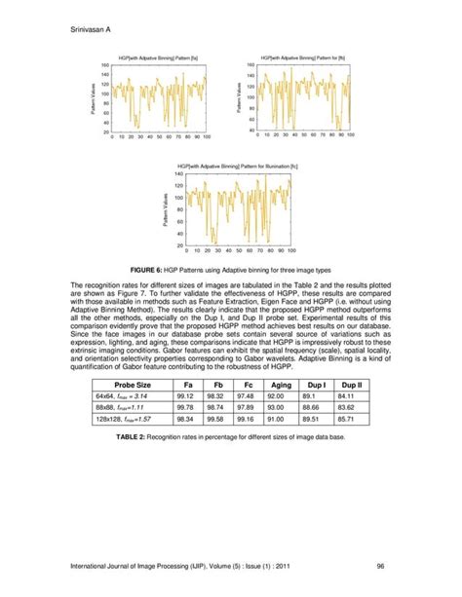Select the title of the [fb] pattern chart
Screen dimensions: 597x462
coord(303,58)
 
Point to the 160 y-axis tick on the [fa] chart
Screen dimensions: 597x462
coord(104,65)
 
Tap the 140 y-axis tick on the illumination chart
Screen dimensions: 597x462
coord(177,173)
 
